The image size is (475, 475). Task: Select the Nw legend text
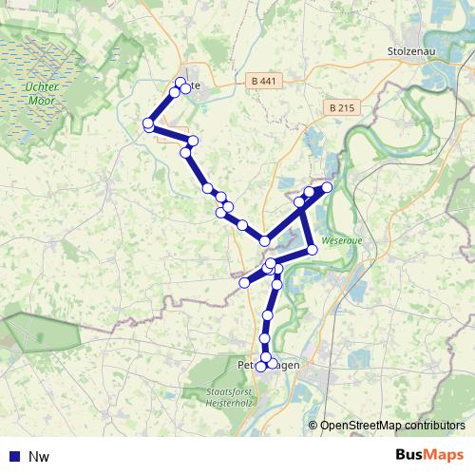pyautogui.click(x=39, y=457)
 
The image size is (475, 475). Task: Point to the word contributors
pyautogui.click(x=433, y=425)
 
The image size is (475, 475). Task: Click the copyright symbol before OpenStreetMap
pyautogui.click(x=313, y=425)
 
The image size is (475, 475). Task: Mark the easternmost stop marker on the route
pyautogui.click(x=327, y=186)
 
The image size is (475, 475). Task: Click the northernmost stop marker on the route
pyautogui.click(x=180, y=82)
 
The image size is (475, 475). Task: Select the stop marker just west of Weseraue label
pyautogui.click(x=311, y=249)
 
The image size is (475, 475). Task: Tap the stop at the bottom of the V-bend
pyautogui.click(x=264, y=241)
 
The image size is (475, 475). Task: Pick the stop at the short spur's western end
pyautogui.click(x=244, y=282)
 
